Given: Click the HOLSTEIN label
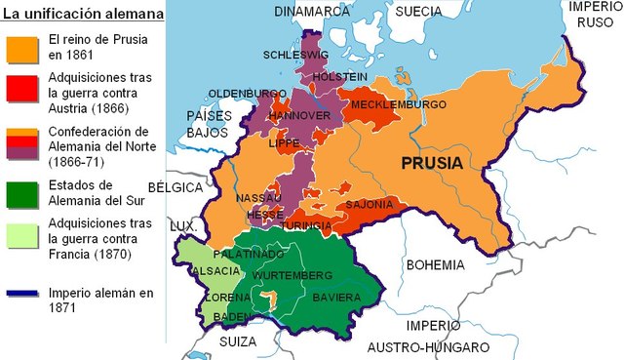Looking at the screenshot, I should pos(340,76).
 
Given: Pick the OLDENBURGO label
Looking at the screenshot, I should pos(247,94).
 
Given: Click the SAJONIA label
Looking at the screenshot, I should pos(370,205).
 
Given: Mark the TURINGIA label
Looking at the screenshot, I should pos(306,225).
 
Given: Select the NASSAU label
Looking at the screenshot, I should pos(258,198).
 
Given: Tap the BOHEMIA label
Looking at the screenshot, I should pos(435,264).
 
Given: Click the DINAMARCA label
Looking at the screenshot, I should pos(311,12).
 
